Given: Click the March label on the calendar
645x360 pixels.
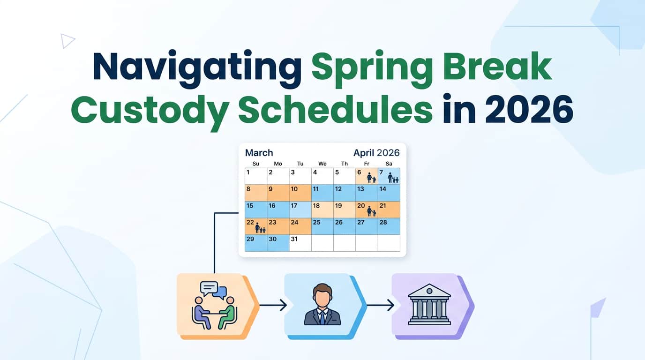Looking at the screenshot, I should pyautogui.click(x=259, y=153).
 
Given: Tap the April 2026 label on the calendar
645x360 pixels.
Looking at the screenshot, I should pyautogui.click(x=376, y=153).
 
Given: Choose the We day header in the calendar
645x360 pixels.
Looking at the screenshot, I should pyautogui.click(x=322, y=164).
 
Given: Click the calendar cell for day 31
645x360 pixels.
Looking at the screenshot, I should pyautogui.click(x=300, y=243).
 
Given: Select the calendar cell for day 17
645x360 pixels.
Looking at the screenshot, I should pyautogui.click(x=300, y=210).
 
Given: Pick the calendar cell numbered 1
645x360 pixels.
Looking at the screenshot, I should pyautogui.click(x=255, y=176).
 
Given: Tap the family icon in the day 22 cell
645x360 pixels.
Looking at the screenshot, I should pyautogui.click(x=260, y=229).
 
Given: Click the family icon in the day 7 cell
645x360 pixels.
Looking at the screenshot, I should pyautogui.click(x=392, y=178).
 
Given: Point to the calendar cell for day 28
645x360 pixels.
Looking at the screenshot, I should pyautogui.click(x=389, y=226).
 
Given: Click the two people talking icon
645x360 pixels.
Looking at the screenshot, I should pyautogui.click(x=214, y=305).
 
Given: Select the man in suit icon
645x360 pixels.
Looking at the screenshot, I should pyautogui.click(x=322, y=305).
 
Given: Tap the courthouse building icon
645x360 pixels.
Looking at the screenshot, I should pyautogui.click(x=429, y=305).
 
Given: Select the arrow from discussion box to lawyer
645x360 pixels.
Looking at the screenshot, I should pyautogui.click(x=273, y=306).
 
